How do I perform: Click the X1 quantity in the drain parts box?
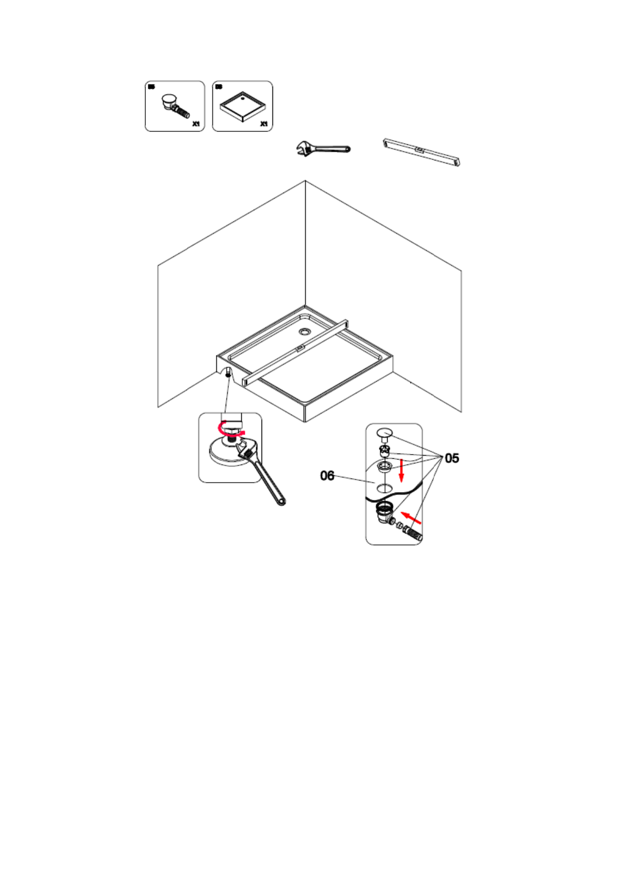click(x=196, y=124)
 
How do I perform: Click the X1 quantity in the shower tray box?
click(x=264, y=124)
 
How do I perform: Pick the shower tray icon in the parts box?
click(x=242, y=106)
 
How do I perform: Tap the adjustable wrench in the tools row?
click(x=322, y=149)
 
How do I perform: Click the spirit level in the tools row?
click(x=421, y=152)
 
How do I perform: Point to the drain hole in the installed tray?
click(x=304, y=331)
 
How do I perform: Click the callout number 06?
click(x=327, y=475)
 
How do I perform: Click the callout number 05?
click(x=452, y=458)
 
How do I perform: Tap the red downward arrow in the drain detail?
click(x=401, y=470)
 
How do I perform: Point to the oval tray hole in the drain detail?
click(x=384, y=488)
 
